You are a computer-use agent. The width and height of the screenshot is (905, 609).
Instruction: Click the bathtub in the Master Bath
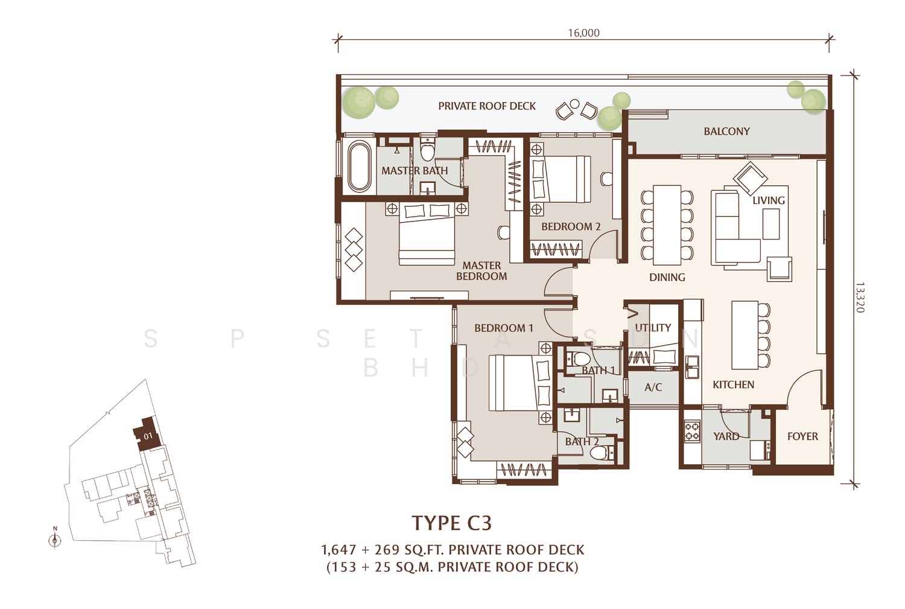tap(359, 166)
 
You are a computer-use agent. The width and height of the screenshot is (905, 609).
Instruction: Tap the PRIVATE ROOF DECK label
tap(487, 106)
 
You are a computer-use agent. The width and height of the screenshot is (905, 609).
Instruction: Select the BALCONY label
tap(726, 132)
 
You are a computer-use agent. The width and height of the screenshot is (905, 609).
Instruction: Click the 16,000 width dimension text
tap(584, 33)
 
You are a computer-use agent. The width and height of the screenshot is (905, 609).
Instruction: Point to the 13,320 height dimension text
tap(859, 297)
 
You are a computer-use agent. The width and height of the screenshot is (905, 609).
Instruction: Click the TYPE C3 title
tap(452, 523)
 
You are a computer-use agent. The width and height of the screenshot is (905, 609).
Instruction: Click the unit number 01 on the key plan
tap(148, 436)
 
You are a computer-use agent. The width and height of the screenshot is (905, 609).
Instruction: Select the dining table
tap(667, 225)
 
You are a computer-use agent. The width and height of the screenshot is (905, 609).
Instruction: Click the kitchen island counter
tap(745, 334)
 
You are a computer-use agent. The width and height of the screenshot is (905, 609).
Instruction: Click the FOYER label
tap(802, 436)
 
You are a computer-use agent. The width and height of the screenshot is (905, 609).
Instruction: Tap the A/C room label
tap(653, 387)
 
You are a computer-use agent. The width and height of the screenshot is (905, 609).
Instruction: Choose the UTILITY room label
tap(653, 327)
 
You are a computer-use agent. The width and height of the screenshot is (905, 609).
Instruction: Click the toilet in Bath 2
tap(602, 452)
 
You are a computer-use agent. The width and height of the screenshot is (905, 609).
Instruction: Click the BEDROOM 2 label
tap(571, 227)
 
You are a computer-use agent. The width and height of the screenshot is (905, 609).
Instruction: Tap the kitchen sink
tap(693, 366)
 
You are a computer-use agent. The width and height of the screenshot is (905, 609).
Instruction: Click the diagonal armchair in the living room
tap(751, 178)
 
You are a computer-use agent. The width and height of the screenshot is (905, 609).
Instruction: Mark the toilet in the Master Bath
tap(427, 150)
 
